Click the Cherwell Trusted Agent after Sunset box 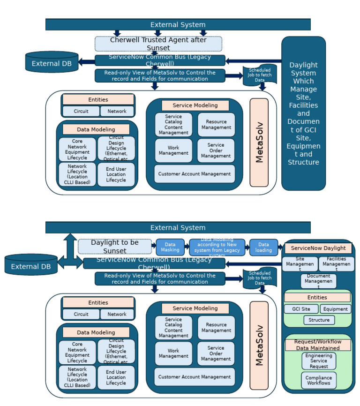point(158,44)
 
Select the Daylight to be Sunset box point(115,246)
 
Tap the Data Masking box point(170,247)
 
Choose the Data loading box point(263,247)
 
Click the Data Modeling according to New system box point(217,247)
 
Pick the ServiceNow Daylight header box point(318,248)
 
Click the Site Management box point(300,264)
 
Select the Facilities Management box point(336,264)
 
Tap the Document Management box point(318,281)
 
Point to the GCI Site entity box point(301,309)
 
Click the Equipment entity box point(336,309)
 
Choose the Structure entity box point(319,320)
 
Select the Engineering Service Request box point(319,361)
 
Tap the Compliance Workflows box point(319,380)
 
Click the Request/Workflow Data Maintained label point(318,345)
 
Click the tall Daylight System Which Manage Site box point(303,113)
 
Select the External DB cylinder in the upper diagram point(52,62)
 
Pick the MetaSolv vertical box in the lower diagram point(259,345)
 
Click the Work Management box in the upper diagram point(173,150)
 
